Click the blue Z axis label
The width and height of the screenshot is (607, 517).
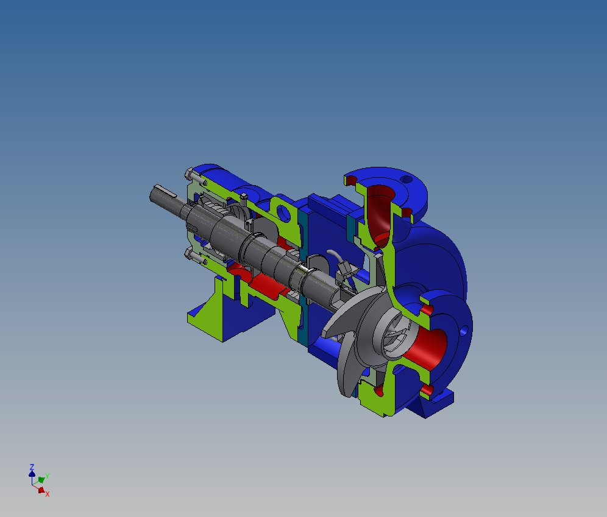coord(32,466)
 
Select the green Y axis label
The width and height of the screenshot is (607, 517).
coord(47,476)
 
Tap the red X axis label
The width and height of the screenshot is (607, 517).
coord(47,494)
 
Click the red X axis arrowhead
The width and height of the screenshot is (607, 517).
coord(41,490)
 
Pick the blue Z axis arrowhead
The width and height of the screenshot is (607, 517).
coord(32,473)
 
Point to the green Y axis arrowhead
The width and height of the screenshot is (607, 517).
coord(41,479)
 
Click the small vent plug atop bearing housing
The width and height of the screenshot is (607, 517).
coord(243,196)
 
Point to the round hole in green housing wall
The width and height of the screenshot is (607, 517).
coord(283,213)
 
